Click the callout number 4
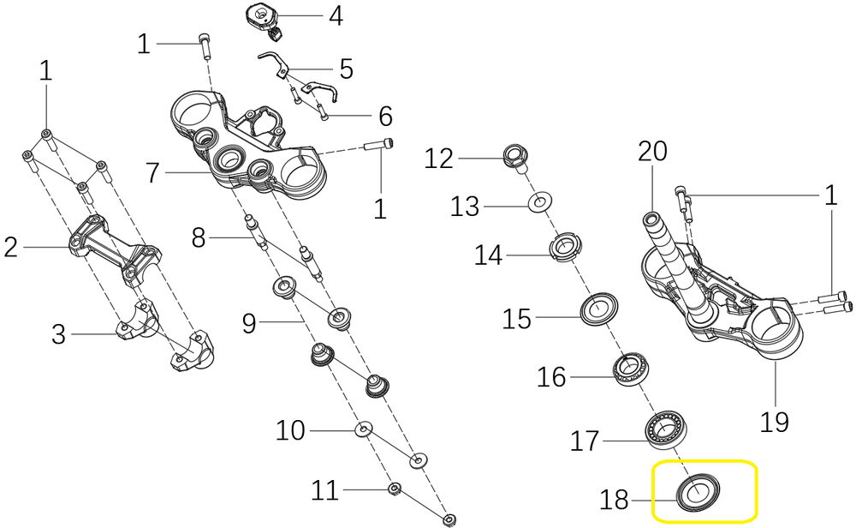336,15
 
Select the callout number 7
152,173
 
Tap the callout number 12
438,159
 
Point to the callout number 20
652,153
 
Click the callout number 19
776,421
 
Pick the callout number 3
58,333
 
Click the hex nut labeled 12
516,157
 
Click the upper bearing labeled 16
631,369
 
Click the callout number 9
249,323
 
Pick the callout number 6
385,116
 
